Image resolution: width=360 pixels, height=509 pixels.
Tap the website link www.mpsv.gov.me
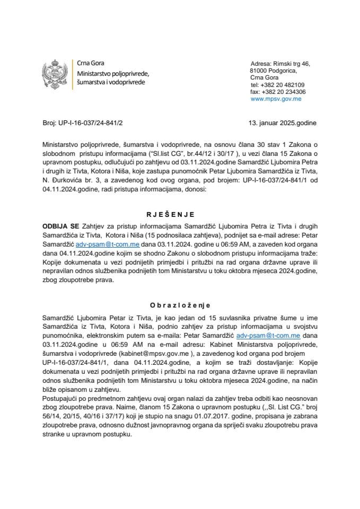point(276,99)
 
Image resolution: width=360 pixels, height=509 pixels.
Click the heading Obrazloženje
point(180,305)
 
